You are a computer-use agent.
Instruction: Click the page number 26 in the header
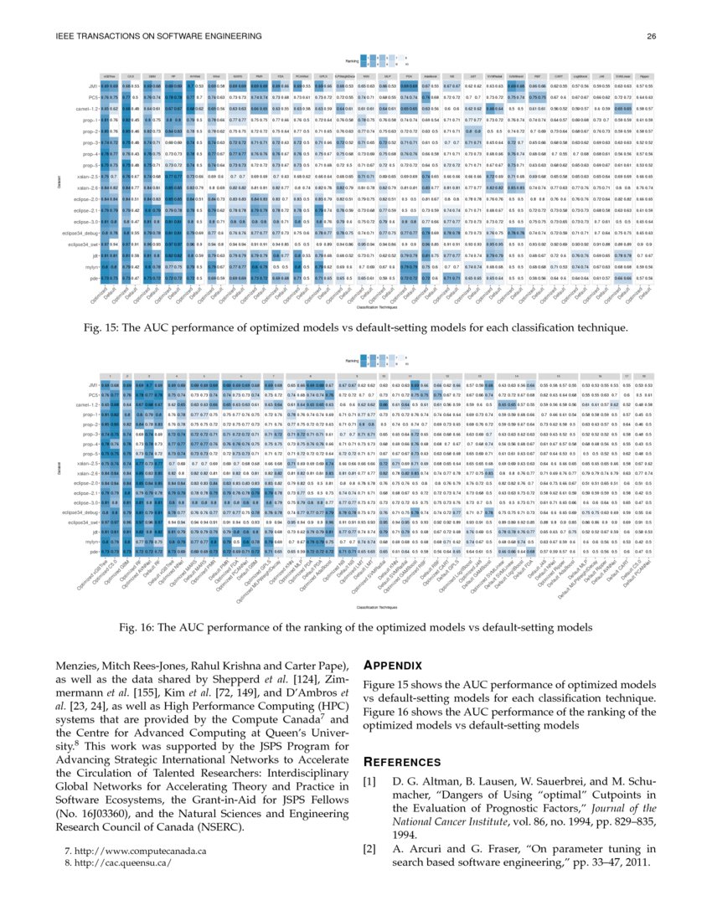coord(650,36)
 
